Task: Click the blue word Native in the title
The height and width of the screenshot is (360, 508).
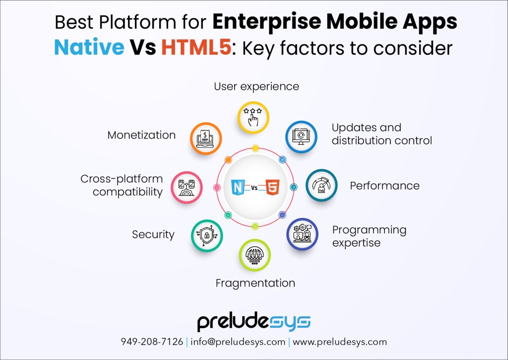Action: (89, 47)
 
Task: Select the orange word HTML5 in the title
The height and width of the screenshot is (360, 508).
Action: (196, 47)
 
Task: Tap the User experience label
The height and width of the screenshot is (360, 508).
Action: (256, 86)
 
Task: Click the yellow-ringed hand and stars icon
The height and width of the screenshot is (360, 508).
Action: (253, 117)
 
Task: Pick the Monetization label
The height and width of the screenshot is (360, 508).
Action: (141, 135)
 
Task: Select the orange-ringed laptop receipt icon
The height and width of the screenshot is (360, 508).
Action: (206, 139)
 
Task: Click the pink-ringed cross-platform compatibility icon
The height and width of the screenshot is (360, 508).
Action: (187, 188)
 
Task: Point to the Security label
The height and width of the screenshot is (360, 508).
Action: (153, 234)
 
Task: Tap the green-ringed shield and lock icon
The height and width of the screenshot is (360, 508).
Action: (207, 236)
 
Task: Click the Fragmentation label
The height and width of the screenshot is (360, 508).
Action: (255, 283)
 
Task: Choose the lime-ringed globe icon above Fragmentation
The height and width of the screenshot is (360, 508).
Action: (254, 255)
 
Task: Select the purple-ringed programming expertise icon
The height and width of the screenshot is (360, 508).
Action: (302, 234)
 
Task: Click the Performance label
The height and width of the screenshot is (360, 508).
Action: (384, 186)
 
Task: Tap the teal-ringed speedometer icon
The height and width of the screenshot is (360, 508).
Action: (321, 185)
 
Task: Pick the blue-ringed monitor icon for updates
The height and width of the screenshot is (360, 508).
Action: (301, 137)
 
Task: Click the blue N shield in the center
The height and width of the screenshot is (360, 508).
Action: (238, 188)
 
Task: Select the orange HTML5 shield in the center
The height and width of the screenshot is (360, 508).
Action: (272, 188)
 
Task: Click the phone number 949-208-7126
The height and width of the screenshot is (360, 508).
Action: (152, 342)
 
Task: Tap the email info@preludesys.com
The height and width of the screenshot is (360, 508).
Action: (238, 342)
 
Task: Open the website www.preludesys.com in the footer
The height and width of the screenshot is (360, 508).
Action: (340, 342)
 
